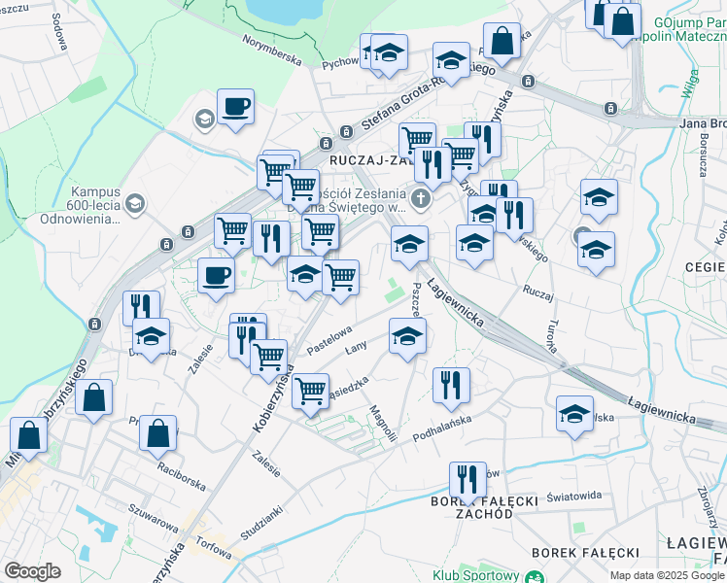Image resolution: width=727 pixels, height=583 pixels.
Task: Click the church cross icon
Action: (x=420, y=200)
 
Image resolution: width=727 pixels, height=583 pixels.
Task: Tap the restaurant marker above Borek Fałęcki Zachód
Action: (x=467, y=479)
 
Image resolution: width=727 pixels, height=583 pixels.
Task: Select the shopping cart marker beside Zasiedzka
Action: (x=310, y=391)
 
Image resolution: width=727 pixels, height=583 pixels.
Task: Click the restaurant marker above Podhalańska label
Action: (x=452, y=384)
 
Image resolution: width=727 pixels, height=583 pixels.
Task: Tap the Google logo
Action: (x=32, y=571)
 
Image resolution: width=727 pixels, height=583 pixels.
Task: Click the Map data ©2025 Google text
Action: (x=666, y=575)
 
